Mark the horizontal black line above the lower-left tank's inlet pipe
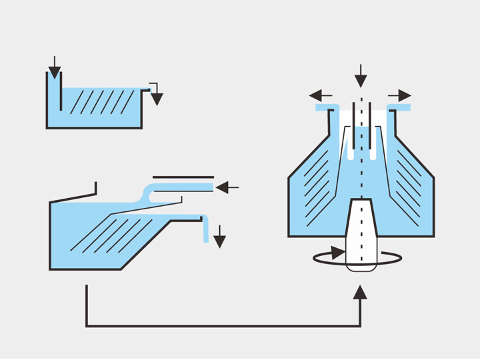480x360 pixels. (183, 177)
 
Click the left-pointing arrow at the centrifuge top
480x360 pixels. (321, 95)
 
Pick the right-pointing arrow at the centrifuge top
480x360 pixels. (401, 95)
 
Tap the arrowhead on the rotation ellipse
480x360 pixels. (338, 254)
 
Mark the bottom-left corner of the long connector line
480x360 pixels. (87, 326)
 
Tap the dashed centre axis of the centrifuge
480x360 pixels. (361, 167)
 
